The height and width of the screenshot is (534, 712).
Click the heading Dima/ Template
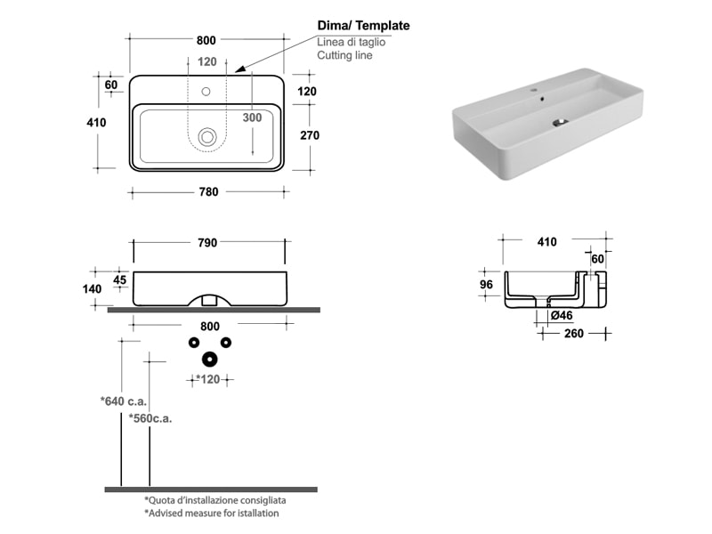[x=363, y=26]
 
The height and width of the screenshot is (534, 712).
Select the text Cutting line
[x=344, y=55]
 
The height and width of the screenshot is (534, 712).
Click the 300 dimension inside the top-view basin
[x=252, y=117]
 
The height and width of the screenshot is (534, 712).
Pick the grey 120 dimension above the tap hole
[x=206, y=62]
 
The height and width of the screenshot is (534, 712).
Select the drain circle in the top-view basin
[x=207, y=136]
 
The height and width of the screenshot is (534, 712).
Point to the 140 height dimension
[x=93, y=288]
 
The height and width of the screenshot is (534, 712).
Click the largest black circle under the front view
[x=209, y=359]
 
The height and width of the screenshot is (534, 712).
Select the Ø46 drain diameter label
[x=562, y=315]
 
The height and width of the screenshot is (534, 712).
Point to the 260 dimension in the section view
[x=575, y=334]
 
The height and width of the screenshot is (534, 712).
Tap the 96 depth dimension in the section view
[x=486, y=285]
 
